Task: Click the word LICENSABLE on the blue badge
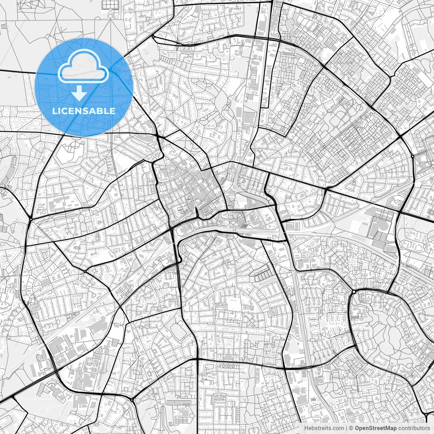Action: [84, 111]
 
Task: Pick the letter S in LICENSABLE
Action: [83, 111]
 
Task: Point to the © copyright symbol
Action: [352, 428]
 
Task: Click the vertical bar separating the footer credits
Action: [347, 428]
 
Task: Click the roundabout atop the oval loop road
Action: [354, 292]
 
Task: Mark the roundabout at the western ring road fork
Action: [31, 219]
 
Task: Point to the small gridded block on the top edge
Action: [109, 4]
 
